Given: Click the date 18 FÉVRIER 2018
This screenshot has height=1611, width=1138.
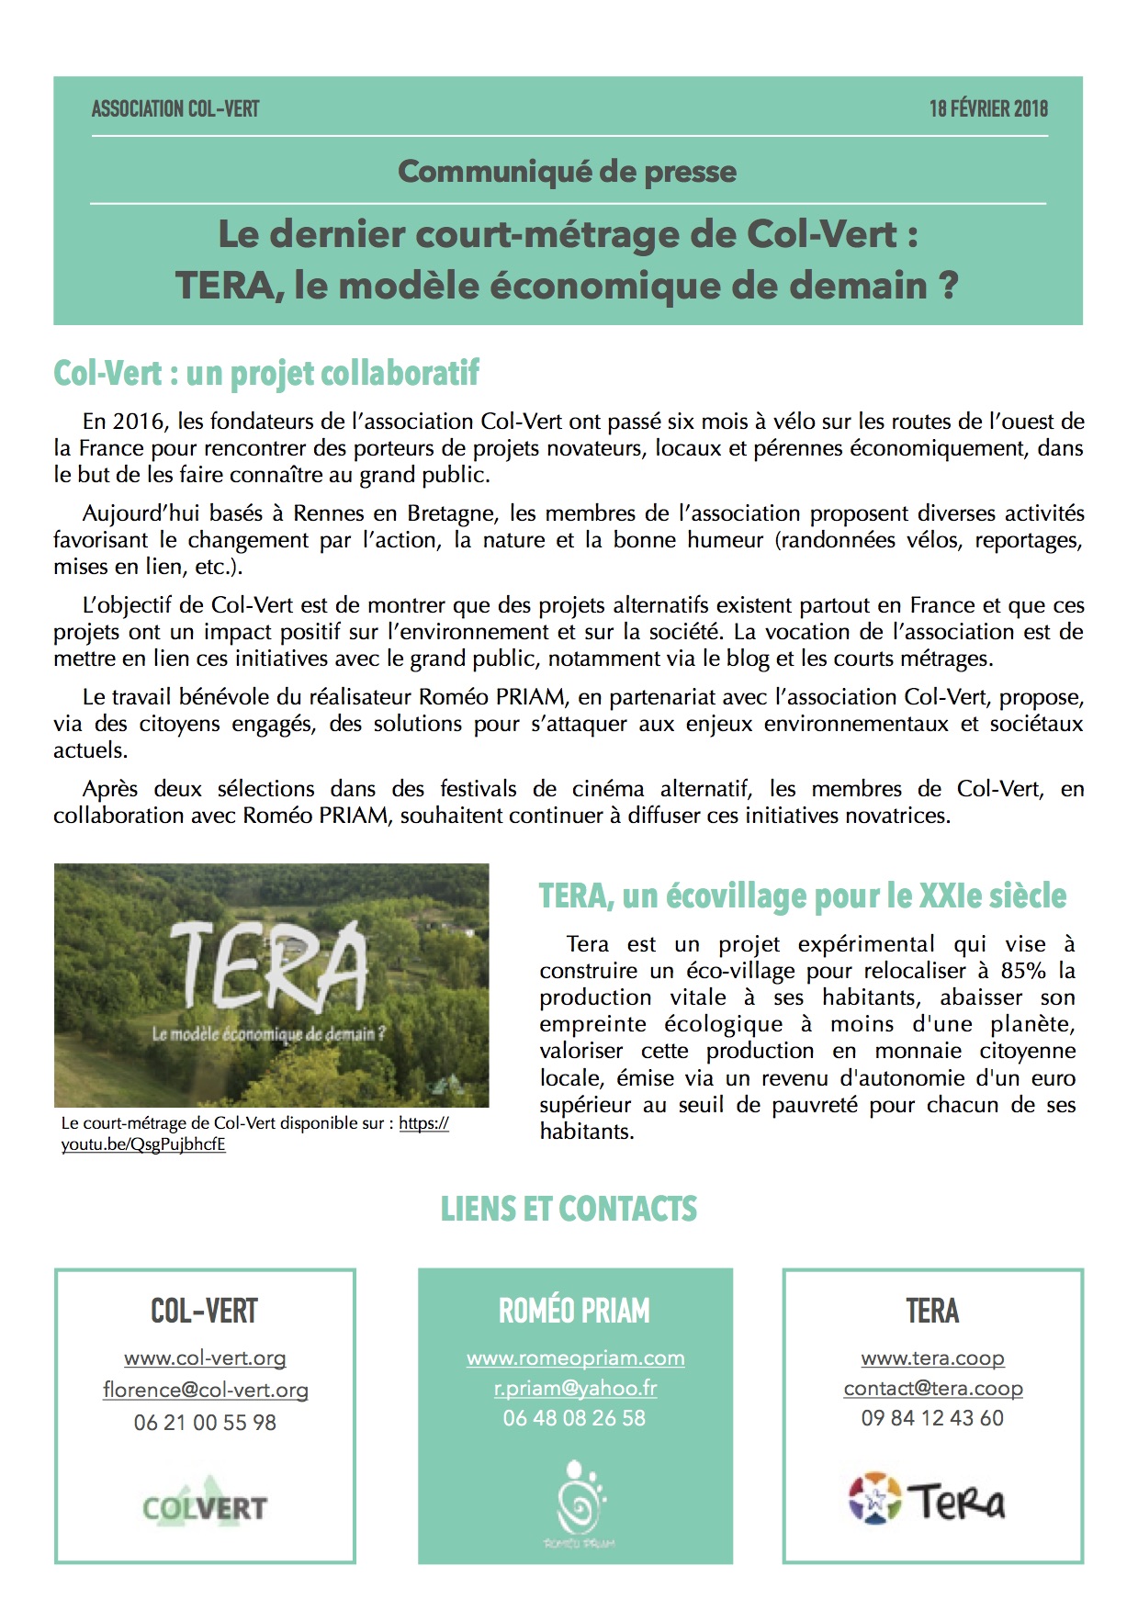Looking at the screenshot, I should [x=987, y=109].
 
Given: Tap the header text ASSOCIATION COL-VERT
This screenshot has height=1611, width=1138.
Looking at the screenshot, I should [x=175, y=109].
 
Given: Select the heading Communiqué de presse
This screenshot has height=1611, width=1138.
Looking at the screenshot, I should [x=567, y=172].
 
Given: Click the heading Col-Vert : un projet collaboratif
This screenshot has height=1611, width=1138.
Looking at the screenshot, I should [x=266, y=374].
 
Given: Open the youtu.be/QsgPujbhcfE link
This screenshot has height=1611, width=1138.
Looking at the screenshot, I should [x=143, y=1144].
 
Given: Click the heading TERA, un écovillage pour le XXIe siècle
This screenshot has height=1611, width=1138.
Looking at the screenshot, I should [x=802, y=896].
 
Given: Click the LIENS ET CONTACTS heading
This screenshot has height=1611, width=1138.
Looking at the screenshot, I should [x=569, y=1209].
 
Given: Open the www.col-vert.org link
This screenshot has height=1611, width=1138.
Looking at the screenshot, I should [x=205, y=1358].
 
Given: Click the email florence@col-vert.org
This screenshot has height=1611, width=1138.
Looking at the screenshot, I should [x=205, y=1390].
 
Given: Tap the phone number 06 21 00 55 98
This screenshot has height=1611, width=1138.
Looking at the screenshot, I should [x=205, y=1422].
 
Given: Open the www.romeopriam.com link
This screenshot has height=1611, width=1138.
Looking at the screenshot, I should [x=575, y=1358].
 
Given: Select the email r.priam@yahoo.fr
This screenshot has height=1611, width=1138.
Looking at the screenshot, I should [x=575, y=1388].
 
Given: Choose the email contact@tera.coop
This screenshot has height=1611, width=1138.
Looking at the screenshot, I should [x=932, y=1388].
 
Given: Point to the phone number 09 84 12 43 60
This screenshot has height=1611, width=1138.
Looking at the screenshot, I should [x=932, y=1418].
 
